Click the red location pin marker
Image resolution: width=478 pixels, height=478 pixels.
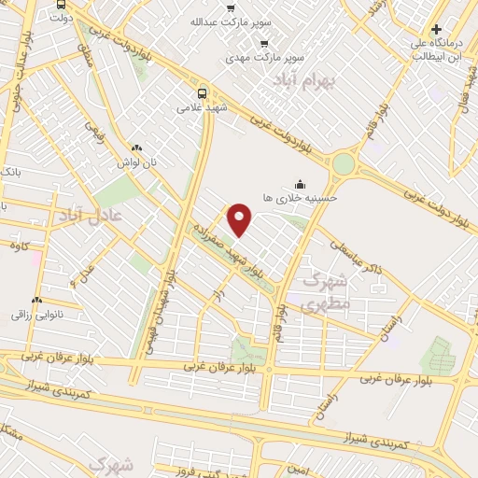[x=240, y=218]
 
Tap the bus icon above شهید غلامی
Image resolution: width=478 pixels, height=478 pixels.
[x=203, y=92]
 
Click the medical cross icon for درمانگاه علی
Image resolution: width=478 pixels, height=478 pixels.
[x=436, y=29]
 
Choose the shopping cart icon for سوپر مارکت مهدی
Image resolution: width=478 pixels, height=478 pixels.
[x=264, y=43]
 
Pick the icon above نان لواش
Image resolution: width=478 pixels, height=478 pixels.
[x=136, y=148]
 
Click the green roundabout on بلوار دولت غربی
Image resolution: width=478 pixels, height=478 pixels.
[x=344, y=164]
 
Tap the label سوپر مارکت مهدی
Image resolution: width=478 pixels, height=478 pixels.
[x=266, y=57]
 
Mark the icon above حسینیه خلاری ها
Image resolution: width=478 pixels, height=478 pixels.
[x=299, y=184]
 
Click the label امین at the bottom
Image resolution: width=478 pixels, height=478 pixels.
[x=298, y=470]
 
